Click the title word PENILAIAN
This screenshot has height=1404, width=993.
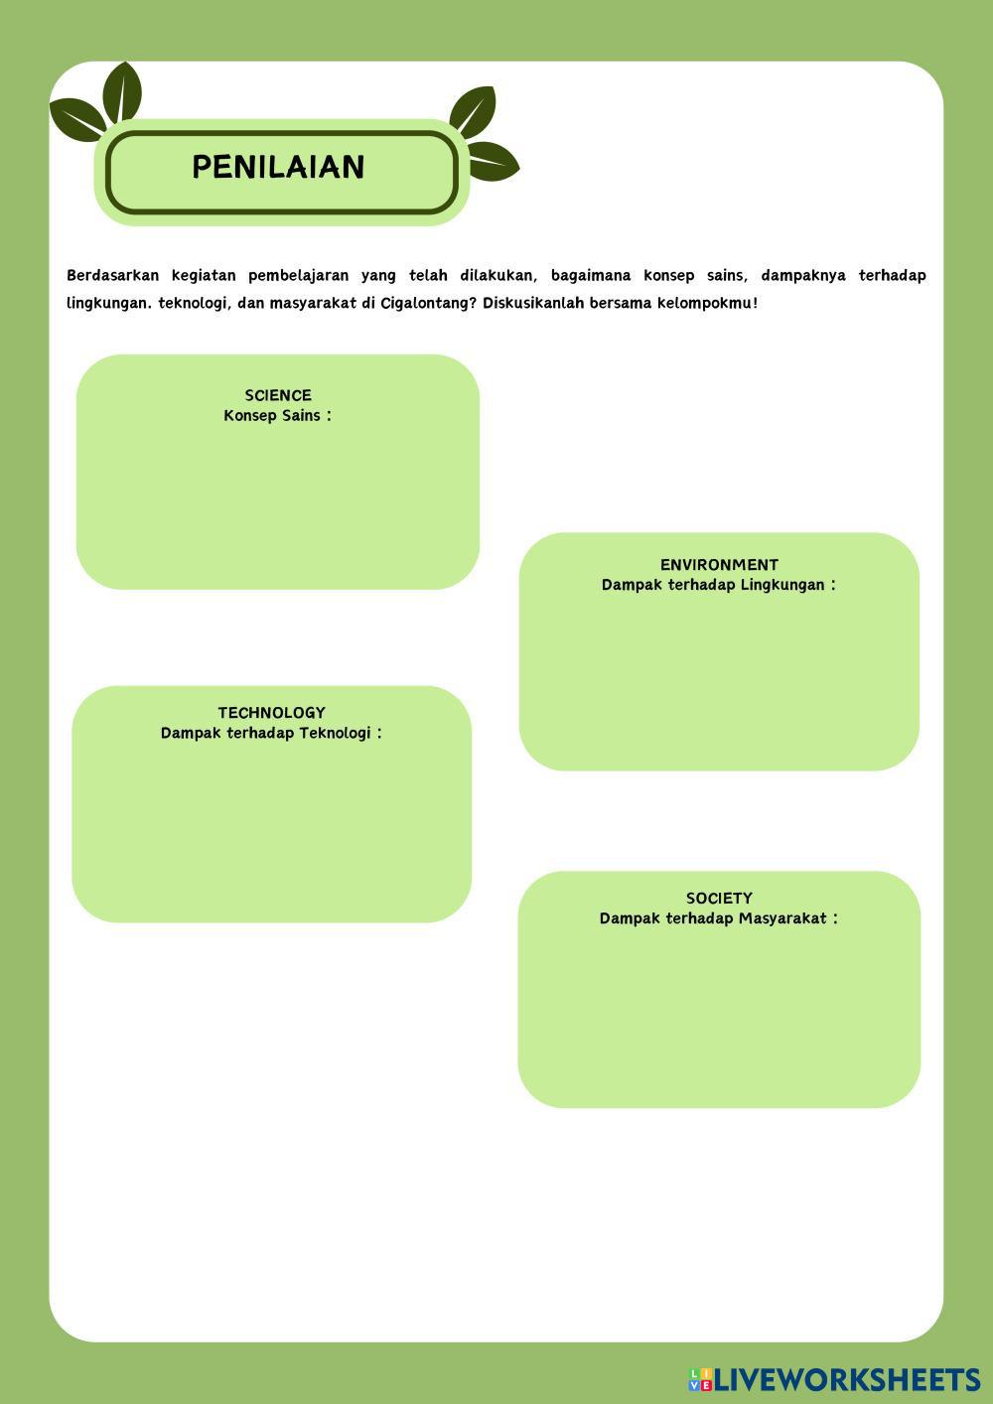pyautogui.click(x=278, y=167)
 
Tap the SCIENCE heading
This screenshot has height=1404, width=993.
pyautogui.click(x=278, y=395)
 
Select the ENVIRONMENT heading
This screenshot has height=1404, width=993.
pyautogui.click(x=719, y=565)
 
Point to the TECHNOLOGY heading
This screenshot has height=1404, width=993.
pyautogui.click(x=271, y=713)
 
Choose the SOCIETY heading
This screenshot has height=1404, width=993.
pyautogui.click(x=719, y=899)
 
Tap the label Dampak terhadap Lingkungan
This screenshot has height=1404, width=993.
pyautogui.click(x=718, y=585)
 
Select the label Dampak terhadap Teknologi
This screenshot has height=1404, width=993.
pyautogui.click(x=270, y=734)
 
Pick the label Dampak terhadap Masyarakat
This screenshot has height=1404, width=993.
pyautogui.click(x=718, y=918)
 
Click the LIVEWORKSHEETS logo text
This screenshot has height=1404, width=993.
pyautogui.click(x=847, y=1379)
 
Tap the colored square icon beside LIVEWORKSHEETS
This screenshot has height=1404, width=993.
pyautogui.click(x=700, y=1379)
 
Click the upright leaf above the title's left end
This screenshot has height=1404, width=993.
pyautogui.click(x=123, y=91)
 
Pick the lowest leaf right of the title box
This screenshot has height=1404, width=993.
pyautogui.click(x=492, y=161)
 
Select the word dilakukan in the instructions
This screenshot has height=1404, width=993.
pyautogui.click(x=497, y=275)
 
